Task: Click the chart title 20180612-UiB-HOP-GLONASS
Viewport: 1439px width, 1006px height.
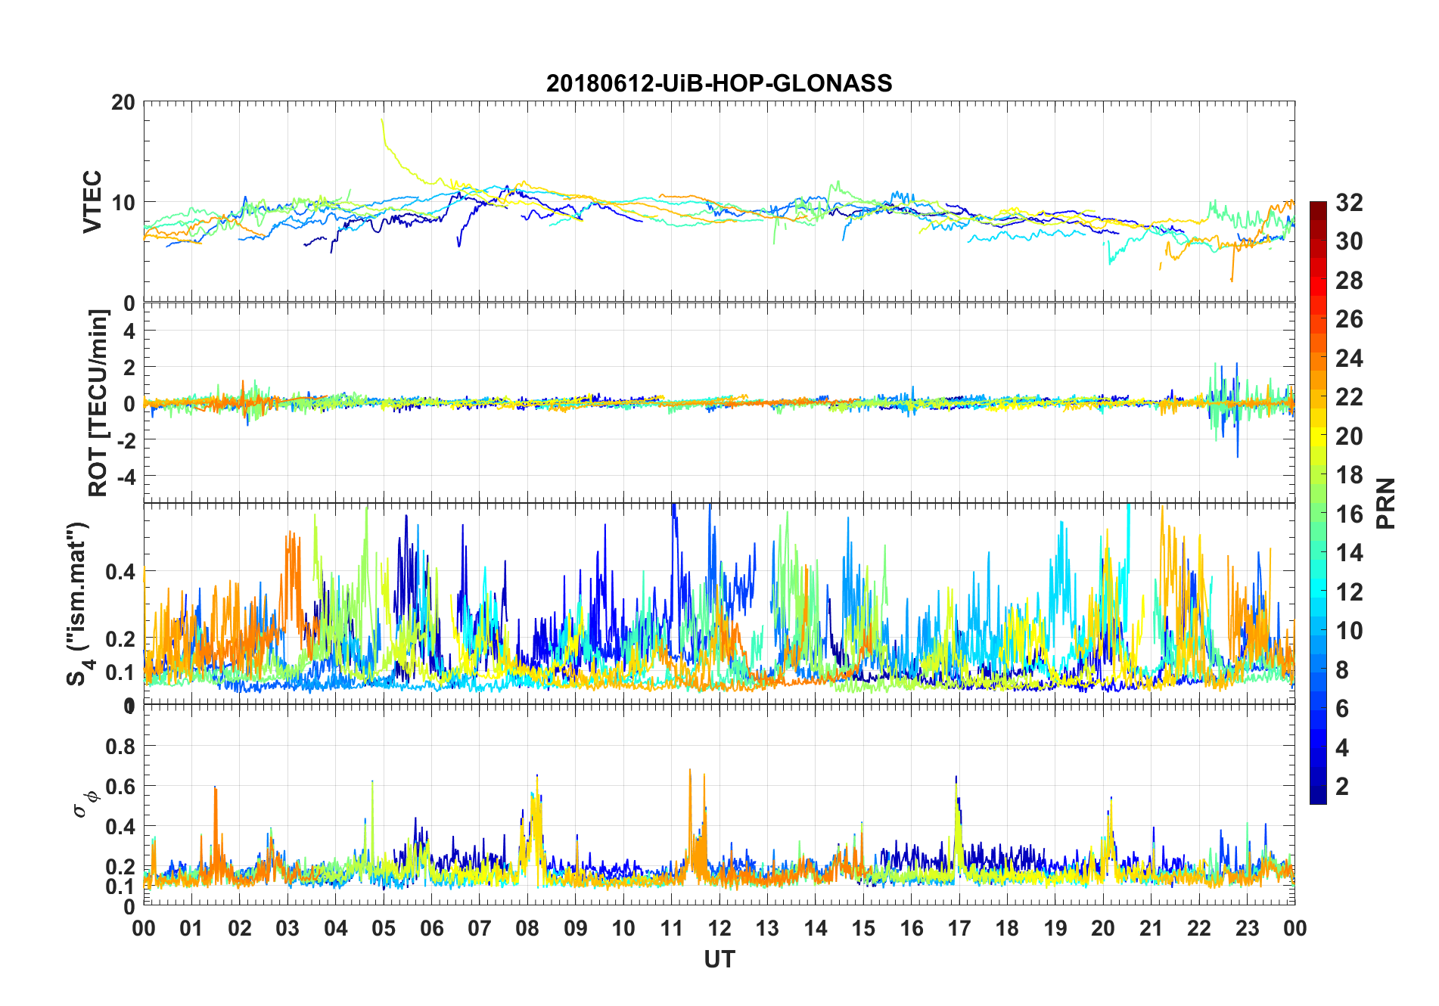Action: click(x=719, y=83)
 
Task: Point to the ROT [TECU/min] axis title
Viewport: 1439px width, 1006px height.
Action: click(x=98, y=402)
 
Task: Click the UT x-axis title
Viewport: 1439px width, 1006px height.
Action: click(x=719, y=959)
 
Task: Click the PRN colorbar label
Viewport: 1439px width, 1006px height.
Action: click(x=1386, y=503)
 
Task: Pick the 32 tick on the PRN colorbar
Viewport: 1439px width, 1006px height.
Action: click(x=1349, y=203)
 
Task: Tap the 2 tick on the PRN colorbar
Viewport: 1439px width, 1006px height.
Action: click(x=1342, y=787)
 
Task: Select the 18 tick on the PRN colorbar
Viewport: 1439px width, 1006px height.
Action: click(x=1349, y=475)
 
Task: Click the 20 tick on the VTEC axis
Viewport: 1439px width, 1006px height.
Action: click(x=123, y=102)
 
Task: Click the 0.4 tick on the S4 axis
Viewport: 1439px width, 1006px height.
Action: click(x=120, y=572)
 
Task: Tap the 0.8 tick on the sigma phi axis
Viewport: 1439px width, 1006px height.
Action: click(x=120, y=747)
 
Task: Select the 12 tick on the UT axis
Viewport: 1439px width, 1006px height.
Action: click(x=719, y=928)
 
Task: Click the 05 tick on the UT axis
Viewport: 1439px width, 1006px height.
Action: click(x=384, y=928)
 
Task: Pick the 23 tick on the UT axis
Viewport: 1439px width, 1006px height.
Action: click(x=1247, y=928)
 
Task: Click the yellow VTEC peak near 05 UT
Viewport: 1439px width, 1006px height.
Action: click(x=382, y=120)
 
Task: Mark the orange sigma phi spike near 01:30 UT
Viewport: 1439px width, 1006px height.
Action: click(x=216, y=790)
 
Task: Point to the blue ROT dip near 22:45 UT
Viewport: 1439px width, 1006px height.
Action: click(x=1238, y=455)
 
